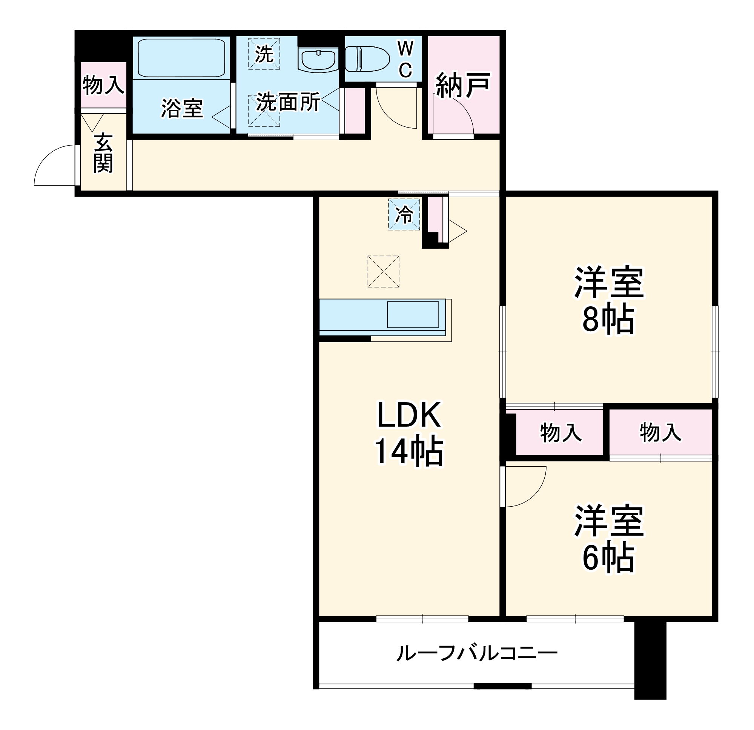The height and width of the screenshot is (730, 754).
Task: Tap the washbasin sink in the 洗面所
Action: [318, 60]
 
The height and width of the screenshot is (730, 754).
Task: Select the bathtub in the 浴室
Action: [181, 58]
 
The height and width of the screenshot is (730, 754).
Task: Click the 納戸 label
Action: [463, 85]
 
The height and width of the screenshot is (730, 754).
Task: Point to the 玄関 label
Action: [103, 153]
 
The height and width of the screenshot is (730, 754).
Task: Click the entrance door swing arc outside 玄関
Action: [52, 164]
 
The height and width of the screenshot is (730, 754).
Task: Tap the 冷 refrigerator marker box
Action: [404, 214]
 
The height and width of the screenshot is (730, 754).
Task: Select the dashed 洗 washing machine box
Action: [264, 54]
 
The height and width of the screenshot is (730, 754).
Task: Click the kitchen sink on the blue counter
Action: [412, 314]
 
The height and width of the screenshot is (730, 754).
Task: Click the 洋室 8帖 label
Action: [608, 300]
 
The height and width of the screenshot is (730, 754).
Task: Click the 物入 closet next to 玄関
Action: [103, 85]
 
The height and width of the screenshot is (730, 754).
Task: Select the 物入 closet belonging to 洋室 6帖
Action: [660, 433]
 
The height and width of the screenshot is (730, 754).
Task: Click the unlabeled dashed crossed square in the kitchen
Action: [383, 271]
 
